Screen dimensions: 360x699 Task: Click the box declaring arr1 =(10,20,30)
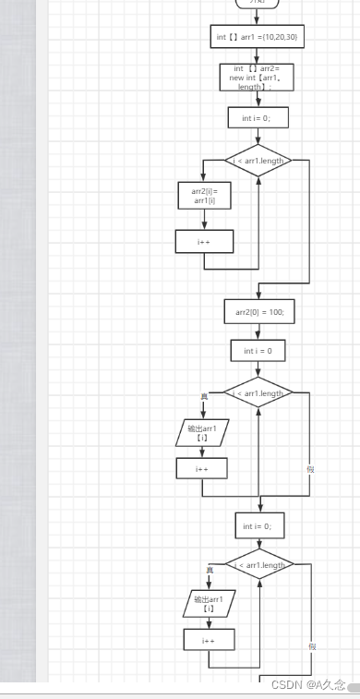click(258, 37)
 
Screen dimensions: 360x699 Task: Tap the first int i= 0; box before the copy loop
click(258, 117)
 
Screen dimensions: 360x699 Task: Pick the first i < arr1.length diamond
click(258, 160)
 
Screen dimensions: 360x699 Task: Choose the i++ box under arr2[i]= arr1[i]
click(204, 241)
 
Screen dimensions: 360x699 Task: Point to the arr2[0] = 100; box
click(258, 312)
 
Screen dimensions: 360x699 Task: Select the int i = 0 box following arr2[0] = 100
click(258, 351)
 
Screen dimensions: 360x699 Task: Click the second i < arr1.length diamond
click(258, 393)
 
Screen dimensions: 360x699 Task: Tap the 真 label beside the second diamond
click(204, 396)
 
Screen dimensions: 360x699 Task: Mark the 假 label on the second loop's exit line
click(311, 468)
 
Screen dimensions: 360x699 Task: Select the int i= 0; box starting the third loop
click(258, 525)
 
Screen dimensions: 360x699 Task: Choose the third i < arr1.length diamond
click(259, 565)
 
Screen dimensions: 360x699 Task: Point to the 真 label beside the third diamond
click(209, 570)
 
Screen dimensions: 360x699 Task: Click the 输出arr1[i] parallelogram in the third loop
click(209, 604)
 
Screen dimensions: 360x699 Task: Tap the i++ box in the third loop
click(209, 639)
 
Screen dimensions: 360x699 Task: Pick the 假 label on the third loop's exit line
click(313, 645)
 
